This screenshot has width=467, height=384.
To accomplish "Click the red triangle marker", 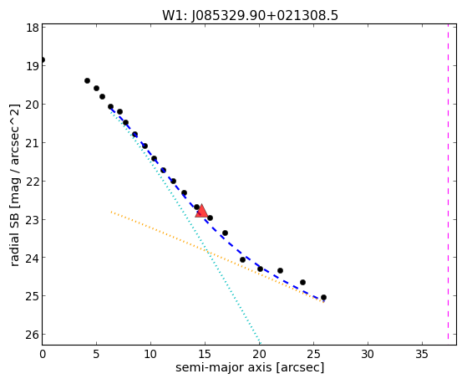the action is pyautogui.click(x=201, y=212).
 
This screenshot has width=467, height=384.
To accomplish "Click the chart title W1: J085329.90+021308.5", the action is pyautogui.click(x=250, y=16).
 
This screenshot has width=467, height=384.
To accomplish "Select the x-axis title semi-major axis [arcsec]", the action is pyautogui.click(x=250, y=367).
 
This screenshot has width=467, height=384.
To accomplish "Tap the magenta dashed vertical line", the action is pyautogui.click(x=448, y=184).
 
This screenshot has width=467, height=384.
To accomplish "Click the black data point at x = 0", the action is pyautogui.click(x=43, y=59).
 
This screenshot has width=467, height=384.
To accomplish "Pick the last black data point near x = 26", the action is pyautogui.click(x=324, y=298).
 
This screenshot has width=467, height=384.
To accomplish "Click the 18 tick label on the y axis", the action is pyautogui.click(x=33, y=28).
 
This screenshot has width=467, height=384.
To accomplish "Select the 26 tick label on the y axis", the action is pyautogui.click(x=33, y=335).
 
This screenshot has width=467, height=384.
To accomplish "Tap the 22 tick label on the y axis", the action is pyautogui.click(x=33, y=182).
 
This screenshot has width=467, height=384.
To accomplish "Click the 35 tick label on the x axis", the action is pyautogui.click(x=422, y=354).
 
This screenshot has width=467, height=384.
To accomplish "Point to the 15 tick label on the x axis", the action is pyautogui.click(x=205, y=354).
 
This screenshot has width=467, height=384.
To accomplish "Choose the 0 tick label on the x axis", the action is pyautogui.click(x=43, y=354).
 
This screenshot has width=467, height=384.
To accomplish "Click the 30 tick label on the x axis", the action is pyautogui.click(x=368, y=354).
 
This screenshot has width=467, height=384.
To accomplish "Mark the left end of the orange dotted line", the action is pyautogui.click(x=111, y=212).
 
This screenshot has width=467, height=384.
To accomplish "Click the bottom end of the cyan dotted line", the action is pyautogui.click(x=260, y=343).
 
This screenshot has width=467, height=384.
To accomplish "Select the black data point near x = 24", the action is pyautogui.click(x=303, y=282).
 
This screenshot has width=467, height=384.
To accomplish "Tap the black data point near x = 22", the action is pyautogui.click(x=280, y=270).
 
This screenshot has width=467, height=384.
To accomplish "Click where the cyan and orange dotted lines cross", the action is pyautogui.click(x=206, y=251).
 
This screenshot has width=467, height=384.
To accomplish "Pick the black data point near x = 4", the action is pyautogui.click(x=87, y=80).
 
